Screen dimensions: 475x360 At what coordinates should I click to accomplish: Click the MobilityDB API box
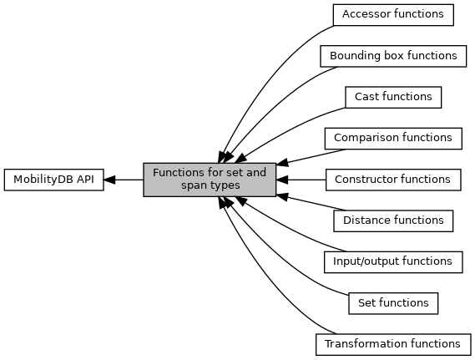tap(54, 180)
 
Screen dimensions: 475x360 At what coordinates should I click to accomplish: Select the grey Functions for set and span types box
tap(210, 180)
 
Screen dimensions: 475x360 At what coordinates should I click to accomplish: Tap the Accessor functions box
tap(393, 15)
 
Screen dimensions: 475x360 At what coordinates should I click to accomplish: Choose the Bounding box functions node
tap(393, 56)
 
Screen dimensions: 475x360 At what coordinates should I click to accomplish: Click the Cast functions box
tap(393, 97)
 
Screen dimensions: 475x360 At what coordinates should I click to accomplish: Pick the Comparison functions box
tap(393, 139)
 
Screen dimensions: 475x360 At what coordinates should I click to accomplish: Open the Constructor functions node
tap(393, 180)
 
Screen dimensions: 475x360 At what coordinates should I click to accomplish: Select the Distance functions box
tap(393, 221)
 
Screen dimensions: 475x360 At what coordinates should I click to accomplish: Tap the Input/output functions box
tap(393, 262)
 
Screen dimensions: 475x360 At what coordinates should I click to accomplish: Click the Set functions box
tap(393, 303)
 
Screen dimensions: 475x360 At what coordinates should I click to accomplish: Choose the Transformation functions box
tap(393, 344)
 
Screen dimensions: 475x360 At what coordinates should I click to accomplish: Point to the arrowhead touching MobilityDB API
tap(109, 180)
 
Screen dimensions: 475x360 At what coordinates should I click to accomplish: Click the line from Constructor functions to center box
tap(301, 180)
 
